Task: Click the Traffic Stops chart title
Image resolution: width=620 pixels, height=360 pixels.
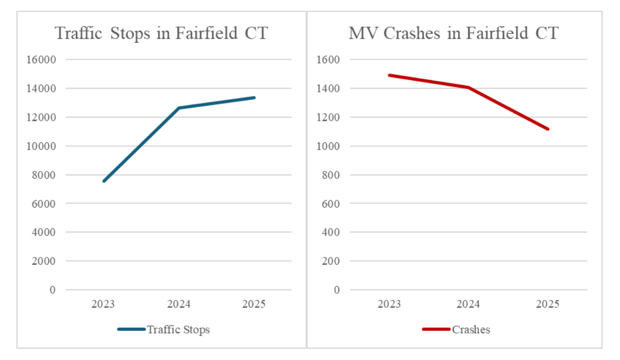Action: [161, 34]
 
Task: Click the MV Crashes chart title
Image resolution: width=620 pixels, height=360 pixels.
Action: [454, 33]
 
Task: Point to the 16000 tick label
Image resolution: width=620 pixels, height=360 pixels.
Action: [41, 60]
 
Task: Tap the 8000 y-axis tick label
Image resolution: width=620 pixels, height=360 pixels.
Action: [44, 175]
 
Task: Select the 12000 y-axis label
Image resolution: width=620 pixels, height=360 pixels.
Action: [41, 117]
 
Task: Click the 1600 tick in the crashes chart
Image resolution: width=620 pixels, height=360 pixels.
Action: [328, 60]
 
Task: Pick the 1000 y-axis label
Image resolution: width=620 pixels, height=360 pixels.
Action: [328, 146]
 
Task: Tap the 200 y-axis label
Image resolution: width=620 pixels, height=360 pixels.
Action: [331, 261]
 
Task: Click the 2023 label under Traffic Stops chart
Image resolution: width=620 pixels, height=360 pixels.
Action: [103, 304]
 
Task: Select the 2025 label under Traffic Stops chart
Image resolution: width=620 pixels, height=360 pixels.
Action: [254, 304]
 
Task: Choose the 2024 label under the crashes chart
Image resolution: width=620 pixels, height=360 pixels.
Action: [468, 304]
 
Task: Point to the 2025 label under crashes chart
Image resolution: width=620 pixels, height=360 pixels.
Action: [548, 304]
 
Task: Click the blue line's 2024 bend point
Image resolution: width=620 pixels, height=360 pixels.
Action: [179, 108]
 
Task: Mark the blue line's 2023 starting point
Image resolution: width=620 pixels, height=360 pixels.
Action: [104, 181]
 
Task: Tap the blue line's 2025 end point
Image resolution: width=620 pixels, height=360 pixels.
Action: [254, 97]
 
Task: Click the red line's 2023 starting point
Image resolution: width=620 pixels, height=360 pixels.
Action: [389, 75]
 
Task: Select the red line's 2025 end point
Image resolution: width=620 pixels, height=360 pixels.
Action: [548, 129]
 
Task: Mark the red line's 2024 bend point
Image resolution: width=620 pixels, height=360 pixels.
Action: [468, 87]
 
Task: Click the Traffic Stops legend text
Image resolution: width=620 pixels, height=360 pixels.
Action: [178, 329]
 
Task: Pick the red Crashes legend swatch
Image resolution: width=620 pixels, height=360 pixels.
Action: [436, 329]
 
